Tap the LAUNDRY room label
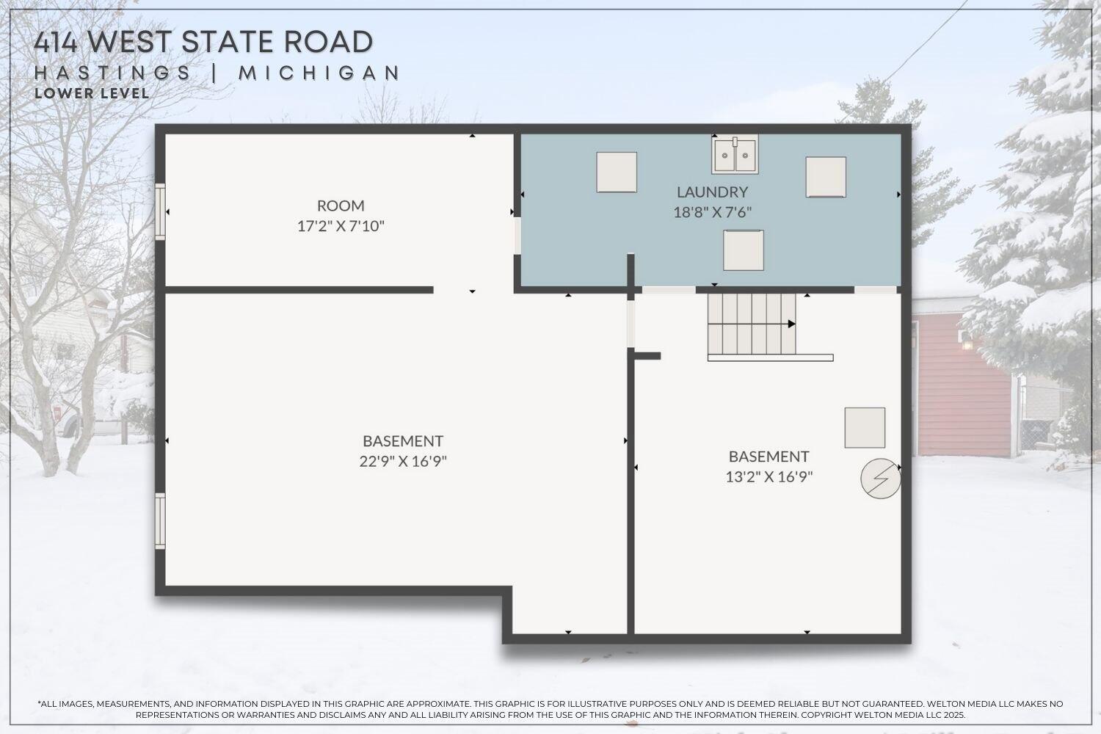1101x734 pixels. (712, 192)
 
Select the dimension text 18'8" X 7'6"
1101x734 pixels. (712, 213)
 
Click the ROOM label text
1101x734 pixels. (341, 206)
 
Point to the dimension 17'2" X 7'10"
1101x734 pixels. (341, 226)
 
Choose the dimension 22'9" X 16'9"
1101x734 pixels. (403, 462)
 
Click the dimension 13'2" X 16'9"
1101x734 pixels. (768, 477)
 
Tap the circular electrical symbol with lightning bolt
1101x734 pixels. (880, 479)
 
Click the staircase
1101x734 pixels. (752, 324)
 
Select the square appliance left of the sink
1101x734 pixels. (617, 172)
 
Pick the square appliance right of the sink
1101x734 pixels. (826, 177)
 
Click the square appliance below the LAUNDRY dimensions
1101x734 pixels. (744, 250)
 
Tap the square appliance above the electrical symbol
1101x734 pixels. (865, 428)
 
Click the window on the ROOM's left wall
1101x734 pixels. (160, 211)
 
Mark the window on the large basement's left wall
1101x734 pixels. (160, 521)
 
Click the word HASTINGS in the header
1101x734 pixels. (113, 73)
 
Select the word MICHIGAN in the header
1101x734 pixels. (319, 73)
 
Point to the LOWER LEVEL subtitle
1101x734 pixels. (92, 94)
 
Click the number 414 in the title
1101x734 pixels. (57, 42)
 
